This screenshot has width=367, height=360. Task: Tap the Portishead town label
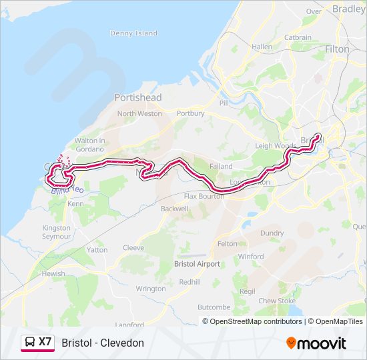point(137,97)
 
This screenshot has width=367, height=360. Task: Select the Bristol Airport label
point(196,264)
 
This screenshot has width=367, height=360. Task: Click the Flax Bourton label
point(200,197)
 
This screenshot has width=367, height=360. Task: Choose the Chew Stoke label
point(277,301)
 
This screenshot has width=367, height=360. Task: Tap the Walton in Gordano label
point(90,144)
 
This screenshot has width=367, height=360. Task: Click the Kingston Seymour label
point(56,232)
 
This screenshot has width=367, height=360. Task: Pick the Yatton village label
point(97,250)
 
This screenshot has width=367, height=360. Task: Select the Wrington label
point(150,289)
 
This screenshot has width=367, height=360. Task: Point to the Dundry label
point(272,233)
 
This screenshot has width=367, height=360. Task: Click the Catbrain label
point(298,38)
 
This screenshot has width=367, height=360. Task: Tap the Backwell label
point(175,209)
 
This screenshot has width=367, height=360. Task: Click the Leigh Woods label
point(276,145)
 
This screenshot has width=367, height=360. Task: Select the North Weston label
point(139,113)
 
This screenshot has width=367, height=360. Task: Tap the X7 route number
point(45,342)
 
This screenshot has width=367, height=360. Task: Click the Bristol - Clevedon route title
point(103,343)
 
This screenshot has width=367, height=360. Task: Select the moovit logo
point(316,343)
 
